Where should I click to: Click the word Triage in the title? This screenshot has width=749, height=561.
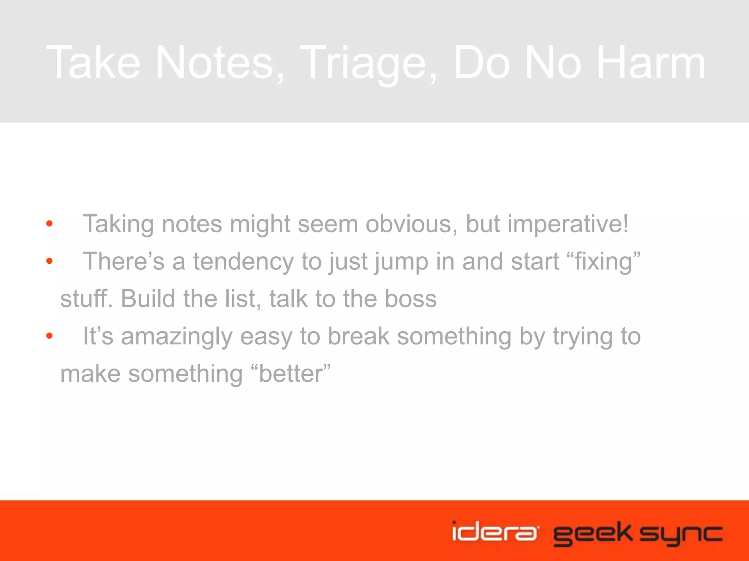369,63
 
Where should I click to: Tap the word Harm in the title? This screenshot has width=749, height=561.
651,63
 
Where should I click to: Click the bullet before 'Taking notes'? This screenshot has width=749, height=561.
50,224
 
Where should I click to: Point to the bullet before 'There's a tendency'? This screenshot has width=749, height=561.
50,261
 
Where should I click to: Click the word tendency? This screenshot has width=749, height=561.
244,262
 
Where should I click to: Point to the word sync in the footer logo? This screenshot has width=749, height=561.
681,534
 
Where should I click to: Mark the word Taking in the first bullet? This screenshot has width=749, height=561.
118,224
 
